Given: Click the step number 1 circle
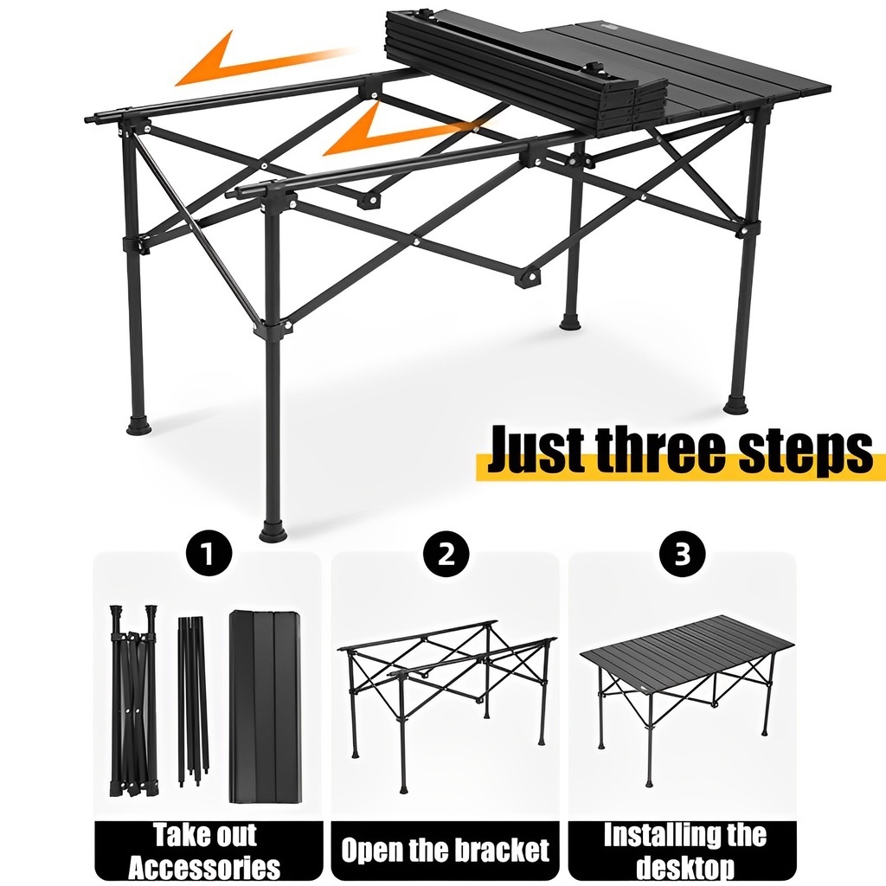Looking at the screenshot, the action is [209, 553].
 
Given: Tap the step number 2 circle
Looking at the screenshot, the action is [446, 553].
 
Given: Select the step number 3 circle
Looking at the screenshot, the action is [683, 553].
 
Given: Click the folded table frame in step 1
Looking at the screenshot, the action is [133, 701].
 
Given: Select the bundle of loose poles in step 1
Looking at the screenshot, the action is [193, 701].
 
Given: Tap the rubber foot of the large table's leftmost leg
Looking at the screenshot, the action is [139, 424].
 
